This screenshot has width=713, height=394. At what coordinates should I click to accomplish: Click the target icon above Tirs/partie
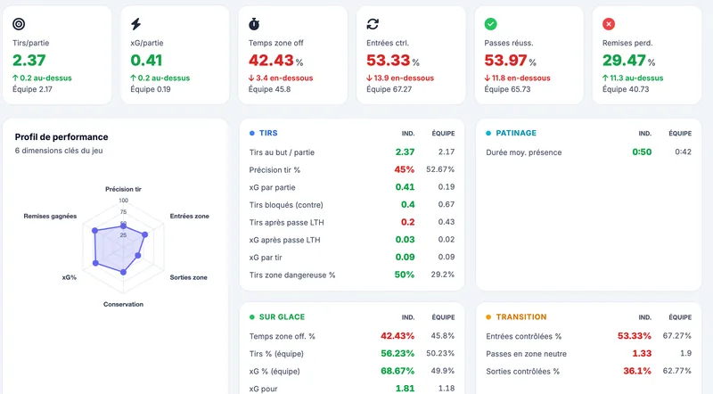point(19,24)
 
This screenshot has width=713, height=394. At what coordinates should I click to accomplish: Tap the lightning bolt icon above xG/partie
point(136,24)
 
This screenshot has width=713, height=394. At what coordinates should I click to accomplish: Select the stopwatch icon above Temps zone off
point(254,24)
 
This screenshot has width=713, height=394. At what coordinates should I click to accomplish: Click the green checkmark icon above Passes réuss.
point(491,24)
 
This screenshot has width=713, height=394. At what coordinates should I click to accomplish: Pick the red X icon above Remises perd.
point(609,24)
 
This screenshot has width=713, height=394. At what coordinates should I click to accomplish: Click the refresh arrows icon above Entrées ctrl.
point(373,24)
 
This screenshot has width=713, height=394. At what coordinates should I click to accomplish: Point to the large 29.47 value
point(624,60)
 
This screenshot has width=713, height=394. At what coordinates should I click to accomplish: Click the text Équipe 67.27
point(389,89)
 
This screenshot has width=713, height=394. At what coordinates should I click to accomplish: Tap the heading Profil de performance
point(61,137)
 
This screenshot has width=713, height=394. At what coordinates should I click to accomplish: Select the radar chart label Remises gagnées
point(50,216)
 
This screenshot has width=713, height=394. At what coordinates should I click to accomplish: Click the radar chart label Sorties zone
point(188,277)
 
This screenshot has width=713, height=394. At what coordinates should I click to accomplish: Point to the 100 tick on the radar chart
point(124,201)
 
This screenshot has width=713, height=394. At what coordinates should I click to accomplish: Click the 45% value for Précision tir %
point(405,169)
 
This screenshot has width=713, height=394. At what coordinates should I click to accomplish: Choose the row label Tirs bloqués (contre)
point(286,205)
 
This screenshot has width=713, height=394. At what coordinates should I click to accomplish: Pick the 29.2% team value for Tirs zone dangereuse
point(442,275)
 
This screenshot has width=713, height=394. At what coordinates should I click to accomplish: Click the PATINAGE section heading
point(516,133)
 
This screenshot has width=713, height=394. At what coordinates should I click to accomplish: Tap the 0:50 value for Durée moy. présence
point(642,152)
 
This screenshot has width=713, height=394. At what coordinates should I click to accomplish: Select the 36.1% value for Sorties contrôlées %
point(637,371)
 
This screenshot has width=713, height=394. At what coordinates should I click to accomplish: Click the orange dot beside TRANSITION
point(488,317)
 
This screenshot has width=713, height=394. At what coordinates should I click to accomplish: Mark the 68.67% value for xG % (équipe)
point(397,371)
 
